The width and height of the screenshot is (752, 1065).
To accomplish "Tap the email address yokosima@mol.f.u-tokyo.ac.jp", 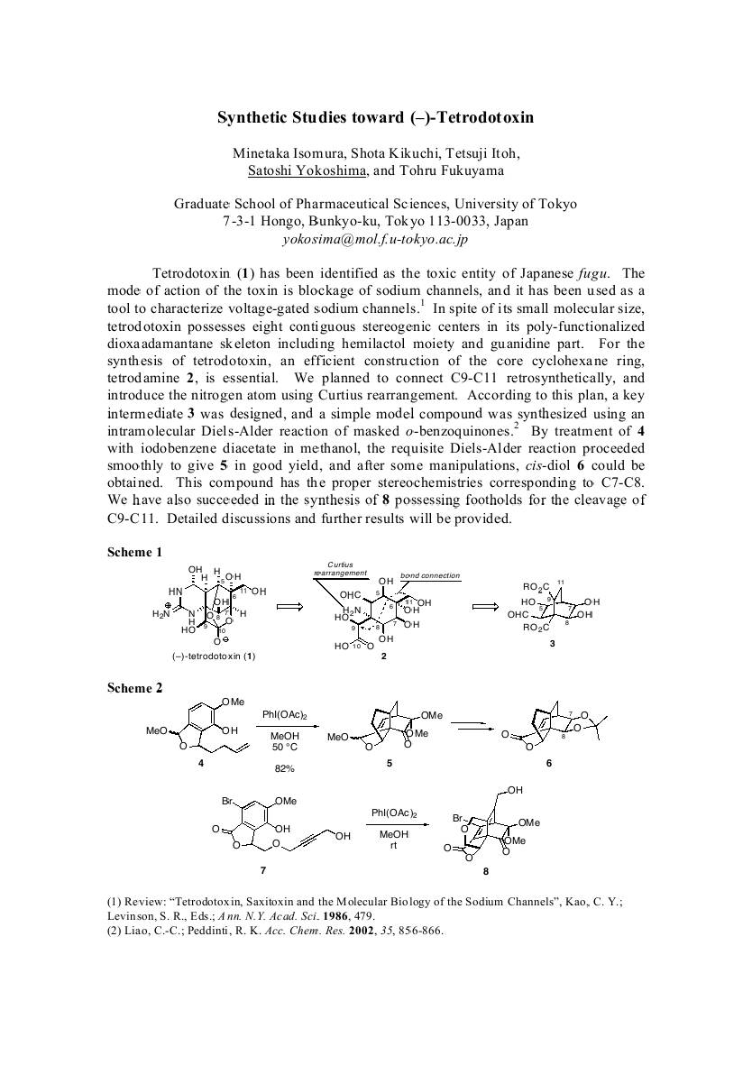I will [x=375, y=239].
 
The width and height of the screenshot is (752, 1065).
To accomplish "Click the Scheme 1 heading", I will [x=135, y=552].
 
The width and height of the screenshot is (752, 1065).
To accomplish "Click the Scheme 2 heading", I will [x=135, y=688].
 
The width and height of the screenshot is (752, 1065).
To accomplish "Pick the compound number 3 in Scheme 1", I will [x=552, y=645].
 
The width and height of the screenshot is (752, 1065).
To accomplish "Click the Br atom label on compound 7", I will [x=228, y=800].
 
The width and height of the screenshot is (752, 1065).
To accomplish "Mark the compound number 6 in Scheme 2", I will [x=549, y=763].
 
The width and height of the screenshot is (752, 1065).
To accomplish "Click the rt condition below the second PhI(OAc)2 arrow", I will [x=394, y=846].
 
